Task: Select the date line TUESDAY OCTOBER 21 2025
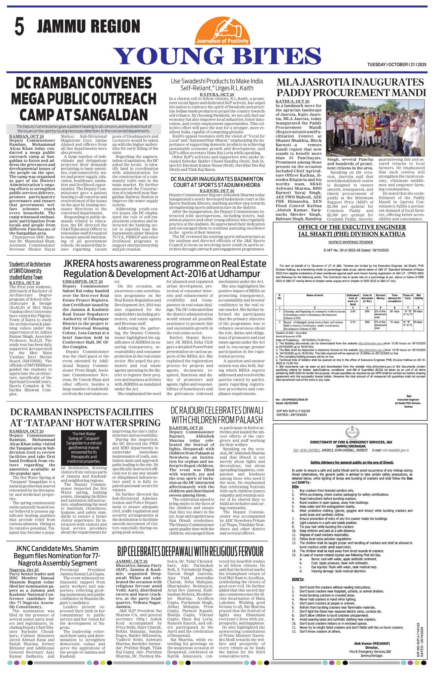[397, 65]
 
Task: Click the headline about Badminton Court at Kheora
[217, 182]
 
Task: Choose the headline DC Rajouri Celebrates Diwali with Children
[217, 415]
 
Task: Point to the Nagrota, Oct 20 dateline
[24, 569]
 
